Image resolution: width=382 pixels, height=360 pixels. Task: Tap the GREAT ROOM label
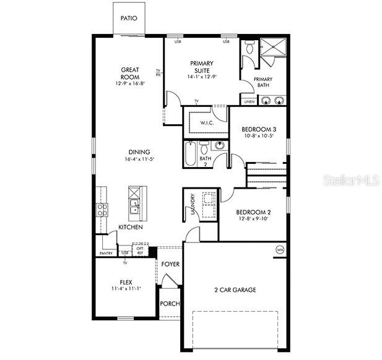click(x=130, y=70)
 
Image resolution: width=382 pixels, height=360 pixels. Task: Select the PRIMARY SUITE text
click(x=201, y=63)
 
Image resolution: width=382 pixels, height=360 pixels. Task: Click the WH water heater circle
click(x=279, y=249)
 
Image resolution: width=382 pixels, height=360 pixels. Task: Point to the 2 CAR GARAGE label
click(x=235, y=289)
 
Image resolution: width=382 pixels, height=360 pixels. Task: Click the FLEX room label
click(x=126, y=282)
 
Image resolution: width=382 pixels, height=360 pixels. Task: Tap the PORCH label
click(x=169, y=304)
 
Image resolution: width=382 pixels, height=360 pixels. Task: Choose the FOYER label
click(x=170, y=264)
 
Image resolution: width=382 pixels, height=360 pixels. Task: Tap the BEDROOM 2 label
click(x=254, y=211)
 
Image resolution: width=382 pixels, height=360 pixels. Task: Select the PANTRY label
click(x=106, y=253)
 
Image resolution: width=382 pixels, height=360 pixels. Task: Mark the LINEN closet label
click(x=248, y=101)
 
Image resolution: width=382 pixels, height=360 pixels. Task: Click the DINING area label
click(x=139, y=152)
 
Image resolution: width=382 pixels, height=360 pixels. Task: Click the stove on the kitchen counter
click(x=102, y=209)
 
